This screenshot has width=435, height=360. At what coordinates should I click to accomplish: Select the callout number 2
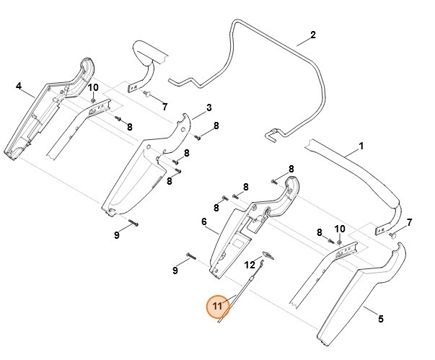point(312,35)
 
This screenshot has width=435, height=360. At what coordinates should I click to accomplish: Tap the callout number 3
point(208,108)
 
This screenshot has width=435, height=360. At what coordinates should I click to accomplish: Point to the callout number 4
point(19,86)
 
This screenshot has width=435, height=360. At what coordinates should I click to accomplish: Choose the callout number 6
point(204,222)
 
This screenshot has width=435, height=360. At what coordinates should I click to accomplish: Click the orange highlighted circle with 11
point(219,307)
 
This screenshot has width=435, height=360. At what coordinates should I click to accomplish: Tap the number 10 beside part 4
point(93,88)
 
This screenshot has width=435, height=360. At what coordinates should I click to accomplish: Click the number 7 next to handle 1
point(409,222)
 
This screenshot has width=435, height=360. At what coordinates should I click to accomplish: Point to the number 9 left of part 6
point(175,271)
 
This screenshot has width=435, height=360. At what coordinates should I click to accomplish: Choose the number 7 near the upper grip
point(164,106)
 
